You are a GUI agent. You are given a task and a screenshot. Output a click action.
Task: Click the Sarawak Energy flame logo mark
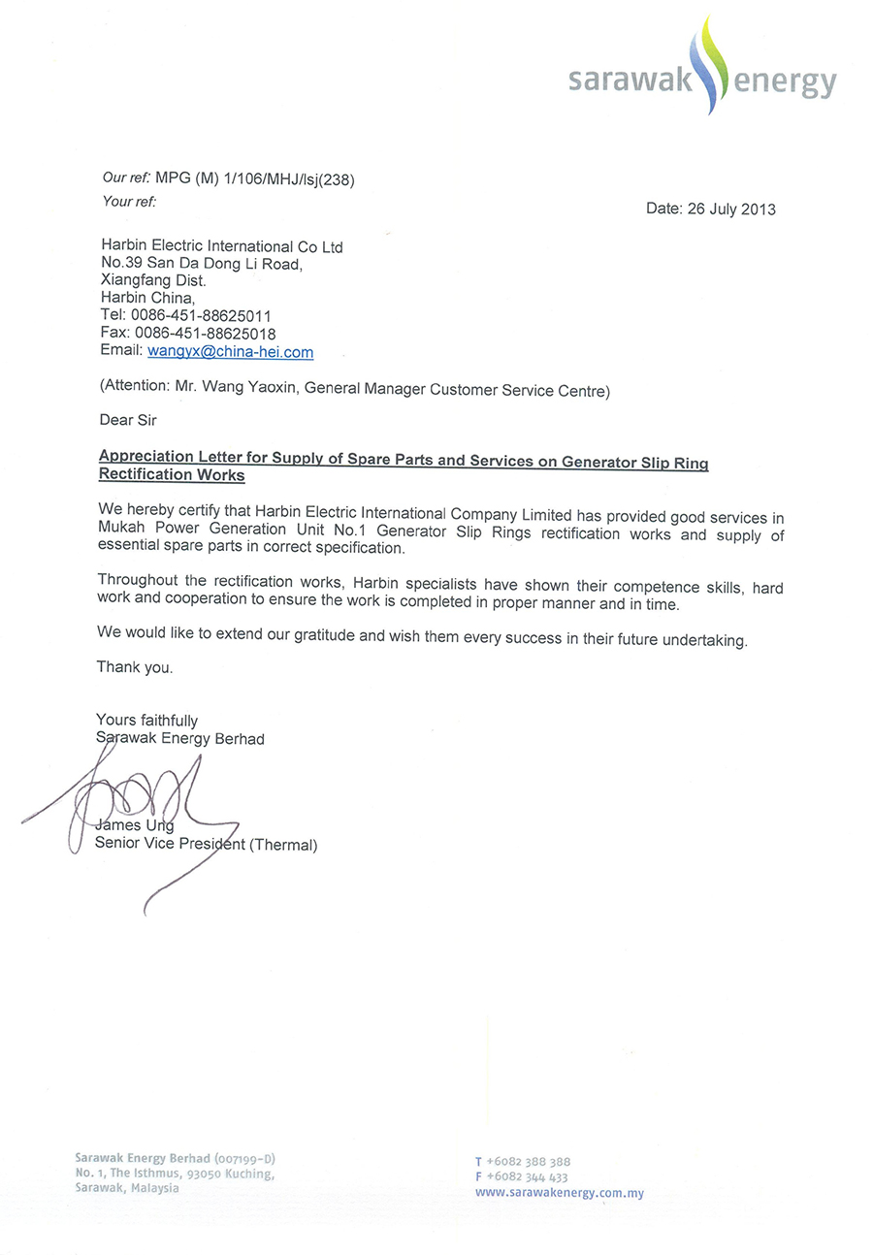coord(714,66)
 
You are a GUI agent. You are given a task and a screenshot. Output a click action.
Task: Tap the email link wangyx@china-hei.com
coord(230,352)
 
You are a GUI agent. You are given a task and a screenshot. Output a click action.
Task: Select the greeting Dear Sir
coord(127,420)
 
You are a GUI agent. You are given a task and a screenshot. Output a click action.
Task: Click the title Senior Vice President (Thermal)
coord(206,845)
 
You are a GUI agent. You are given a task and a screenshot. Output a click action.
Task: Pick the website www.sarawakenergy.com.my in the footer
coord(559,1193)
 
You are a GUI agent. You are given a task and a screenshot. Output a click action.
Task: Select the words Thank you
coord(135,667)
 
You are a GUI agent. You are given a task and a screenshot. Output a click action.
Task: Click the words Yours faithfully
coord(146,721)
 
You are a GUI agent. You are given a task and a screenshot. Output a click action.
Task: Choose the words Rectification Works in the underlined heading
coord(172,476)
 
